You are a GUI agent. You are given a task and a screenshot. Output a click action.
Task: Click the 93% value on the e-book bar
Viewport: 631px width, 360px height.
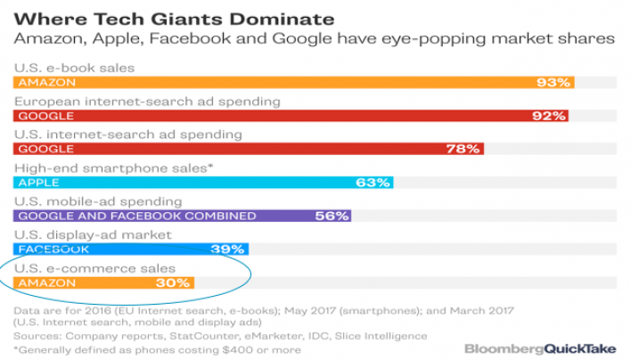tap(553, 82)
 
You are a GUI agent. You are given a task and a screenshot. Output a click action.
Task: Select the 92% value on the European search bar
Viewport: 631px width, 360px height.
tap(548, 116)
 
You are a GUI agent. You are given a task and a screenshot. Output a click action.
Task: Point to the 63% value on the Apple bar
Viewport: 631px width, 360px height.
tap(372, 183)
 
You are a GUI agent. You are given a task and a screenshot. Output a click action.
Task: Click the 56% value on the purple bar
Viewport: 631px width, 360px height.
tap(331, 216)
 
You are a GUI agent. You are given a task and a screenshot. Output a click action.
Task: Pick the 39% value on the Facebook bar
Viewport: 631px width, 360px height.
tap(228, 250)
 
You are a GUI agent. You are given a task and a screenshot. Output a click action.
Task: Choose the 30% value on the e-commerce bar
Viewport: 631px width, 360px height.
tap(173, 282)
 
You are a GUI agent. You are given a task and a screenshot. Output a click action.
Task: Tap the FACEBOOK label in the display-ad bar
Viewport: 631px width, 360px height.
tap(53, 250)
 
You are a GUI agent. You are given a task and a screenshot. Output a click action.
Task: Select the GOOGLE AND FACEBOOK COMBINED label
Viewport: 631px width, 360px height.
tap(136, 216)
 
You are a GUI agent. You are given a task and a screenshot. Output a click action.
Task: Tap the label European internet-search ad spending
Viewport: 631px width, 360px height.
tap(147, 101)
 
